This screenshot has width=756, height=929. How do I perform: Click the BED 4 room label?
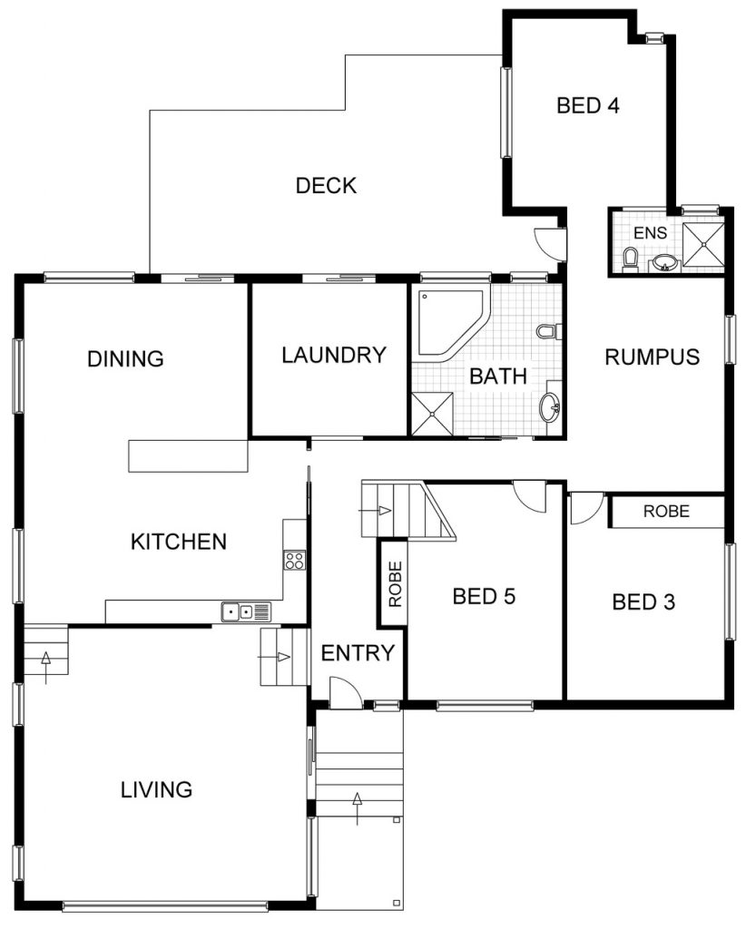tap(588, 105)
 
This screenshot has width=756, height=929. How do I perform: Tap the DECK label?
tap(326, 185)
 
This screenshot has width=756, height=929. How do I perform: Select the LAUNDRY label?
tap(334, 356)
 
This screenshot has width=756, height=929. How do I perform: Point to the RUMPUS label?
tap(652, 357)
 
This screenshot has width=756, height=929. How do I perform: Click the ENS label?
tap(650, 233)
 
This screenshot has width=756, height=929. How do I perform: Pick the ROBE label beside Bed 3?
tap(666, 512)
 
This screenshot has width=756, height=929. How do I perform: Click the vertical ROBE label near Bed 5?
tap(395, 583)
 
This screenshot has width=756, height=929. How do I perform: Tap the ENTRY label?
tap(358, 653)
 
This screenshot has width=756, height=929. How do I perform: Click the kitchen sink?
tap(246, 611)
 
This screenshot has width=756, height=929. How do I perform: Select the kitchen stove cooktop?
tap(294, 560)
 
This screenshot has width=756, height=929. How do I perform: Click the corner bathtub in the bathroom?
tap(451, 323)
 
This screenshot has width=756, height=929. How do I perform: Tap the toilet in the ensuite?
tap(631, 259)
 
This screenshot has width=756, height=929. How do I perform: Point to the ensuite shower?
tap(703, 244)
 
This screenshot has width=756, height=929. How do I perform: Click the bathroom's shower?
tap(433, 414)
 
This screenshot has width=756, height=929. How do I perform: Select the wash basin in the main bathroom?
tap(549, 407)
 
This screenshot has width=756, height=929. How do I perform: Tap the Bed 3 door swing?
tap(586, 508)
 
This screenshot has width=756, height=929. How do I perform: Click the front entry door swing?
tap(346, 692)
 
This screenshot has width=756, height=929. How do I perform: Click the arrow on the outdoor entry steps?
tap(357, 807)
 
